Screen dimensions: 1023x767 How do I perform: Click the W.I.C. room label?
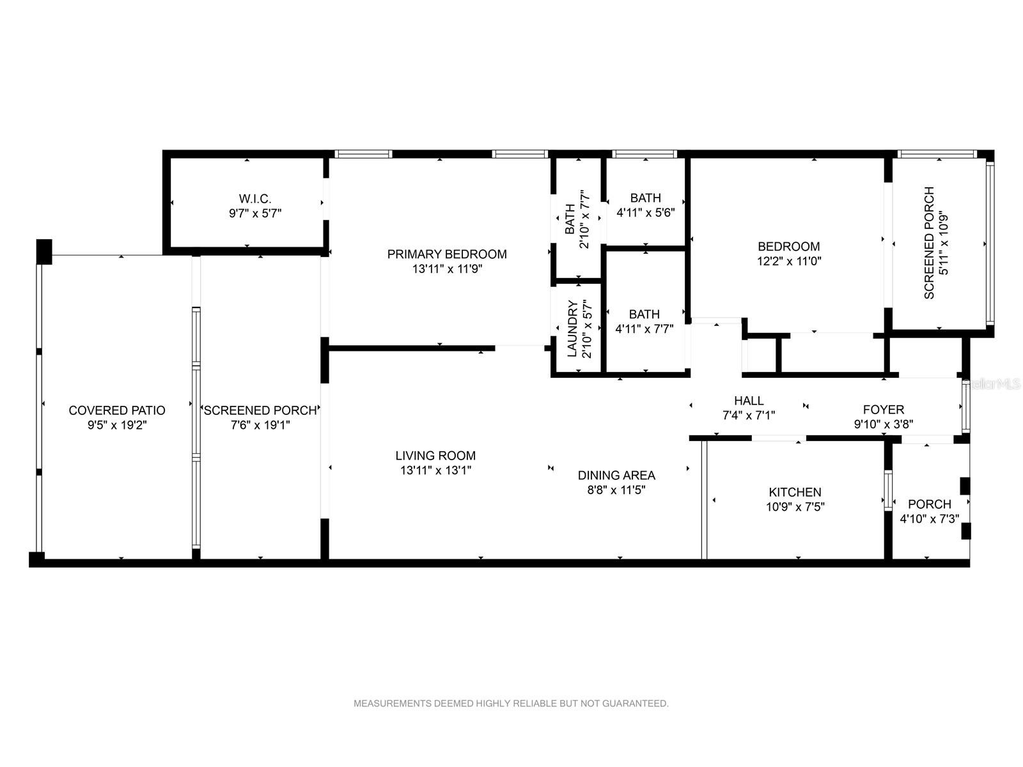(255, 199)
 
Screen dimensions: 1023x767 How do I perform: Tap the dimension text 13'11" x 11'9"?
(447, 268)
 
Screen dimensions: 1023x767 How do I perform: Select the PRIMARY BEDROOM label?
(447, 254)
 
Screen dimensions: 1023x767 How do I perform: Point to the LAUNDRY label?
(572, 329)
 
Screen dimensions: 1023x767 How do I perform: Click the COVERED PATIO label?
(117, 410)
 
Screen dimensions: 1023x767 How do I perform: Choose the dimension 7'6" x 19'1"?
(260, 424)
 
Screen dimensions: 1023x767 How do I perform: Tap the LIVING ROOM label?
(436, 456)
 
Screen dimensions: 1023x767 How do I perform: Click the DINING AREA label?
(616, 475)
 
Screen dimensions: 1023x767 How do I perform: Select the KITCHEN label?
(795, 492)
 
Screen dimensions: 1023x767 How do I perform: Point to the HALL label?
(749, 401)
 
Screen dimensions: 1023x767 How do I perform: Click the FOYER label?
(884, 409)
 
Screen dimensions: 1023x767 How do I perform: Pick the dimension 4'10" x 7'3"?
(929, 518)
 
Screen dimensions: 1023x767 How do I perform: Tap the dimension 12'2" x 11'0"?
(789, 261)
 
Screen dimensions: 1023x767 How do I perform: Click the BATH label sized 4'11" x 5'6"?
(646, 198)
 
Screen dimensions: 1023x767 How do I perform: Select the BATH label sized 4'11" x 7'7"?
(644, 314)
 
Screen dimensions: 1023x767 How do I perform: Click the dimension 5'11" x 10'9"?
(944, 243)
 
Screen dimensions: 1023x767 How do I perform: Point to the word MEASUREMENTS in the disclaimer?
(393, 703)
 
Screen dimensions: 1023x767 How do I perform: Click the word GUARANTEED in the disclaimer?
(636, 703)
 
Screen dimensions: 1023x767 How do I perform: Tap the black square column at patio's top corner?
(44, 252)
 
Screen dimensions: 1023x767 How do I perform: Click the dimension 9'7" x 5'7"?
(255, 213)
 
